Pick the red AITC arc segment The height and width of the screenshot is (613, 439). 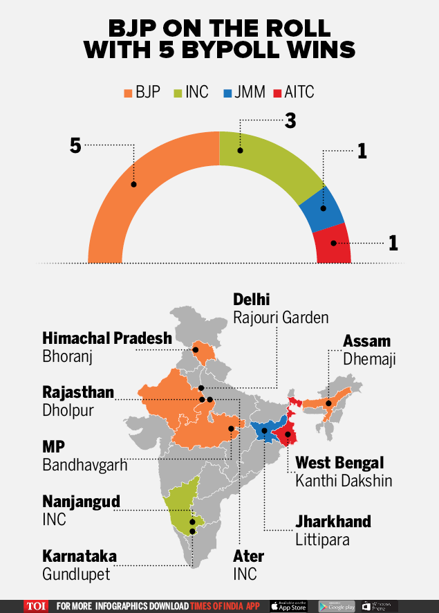(x=333, y=244)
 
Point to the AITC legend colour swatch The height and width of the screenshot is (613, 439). (x=277, y=91)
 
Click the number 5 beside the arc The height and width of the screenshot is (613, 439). (x=75, y=145)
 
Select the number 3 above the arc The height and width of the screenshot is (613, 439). (x=290, y=120)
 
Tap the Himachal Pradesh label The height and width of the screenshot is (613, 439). (x=107, y=338)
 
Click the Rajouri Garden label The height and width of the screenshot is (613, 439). (x=281, y=318)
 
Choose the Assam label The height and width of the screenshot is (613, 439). (x=367, y=341)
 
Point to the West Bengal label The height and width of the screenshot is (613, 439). (x=339, y=462)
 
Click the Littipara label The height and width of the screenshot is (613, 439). (x=323, y=540)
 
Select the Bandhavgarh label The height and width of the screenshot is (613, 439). (x=85, y=464)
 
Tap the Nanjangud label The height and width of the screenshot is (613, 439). (x=81, y=500)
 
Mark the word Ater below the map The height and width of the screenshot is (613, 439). (x=248, y=556)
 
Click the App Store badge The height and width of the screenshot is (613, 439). (x=288, y=606)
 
